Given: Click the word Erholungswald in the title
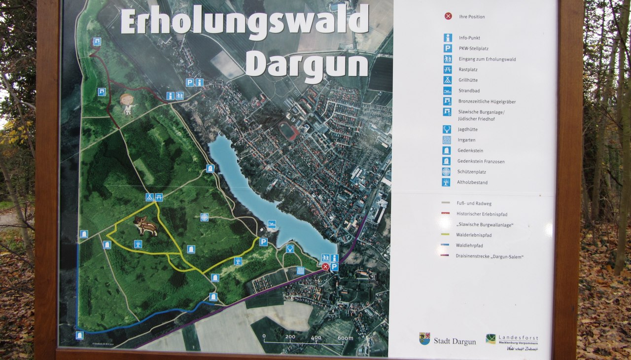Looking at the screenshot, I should pos(245,22).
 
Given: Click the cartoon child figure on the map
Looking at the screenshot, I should pos(127,104).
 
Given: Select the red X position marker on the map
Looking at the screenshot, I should pos(325,267).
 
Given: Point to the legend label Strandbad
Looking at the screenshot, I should pos(469,91).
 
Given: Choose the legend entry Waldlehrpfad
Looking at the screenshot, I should pos(469,246).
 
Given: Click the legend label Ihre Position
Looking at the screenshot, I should pos(471,17).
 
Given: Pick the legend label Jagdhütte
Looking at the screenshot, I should pos(468,129).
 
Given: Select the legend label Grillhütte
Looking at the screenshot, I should pos(468,80).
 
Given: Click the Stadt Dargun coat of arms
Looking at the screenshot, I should pos(424,338).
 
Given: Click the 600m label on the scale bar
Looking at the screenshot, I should pos(346,338).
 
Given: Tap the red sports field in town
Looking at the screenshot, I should pos(288,130).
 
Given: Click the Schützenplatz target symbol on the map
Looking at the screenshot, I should pos(204,217).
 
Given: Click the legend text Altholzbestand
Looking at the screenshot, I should pos(472,182).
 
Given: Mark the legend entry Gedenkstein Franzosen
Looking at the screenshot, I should pos(481,161).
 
